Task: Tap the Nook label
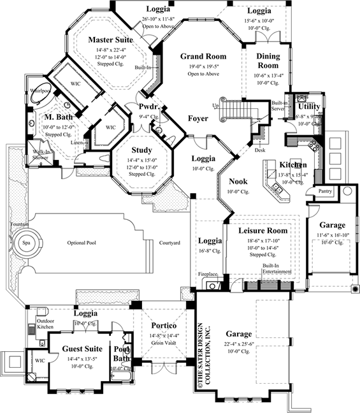pos(238,181)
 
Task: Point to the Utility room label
pos(309,106)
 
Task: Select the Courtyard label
pos(169,243)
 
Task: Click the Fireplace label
pos(206,274)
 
